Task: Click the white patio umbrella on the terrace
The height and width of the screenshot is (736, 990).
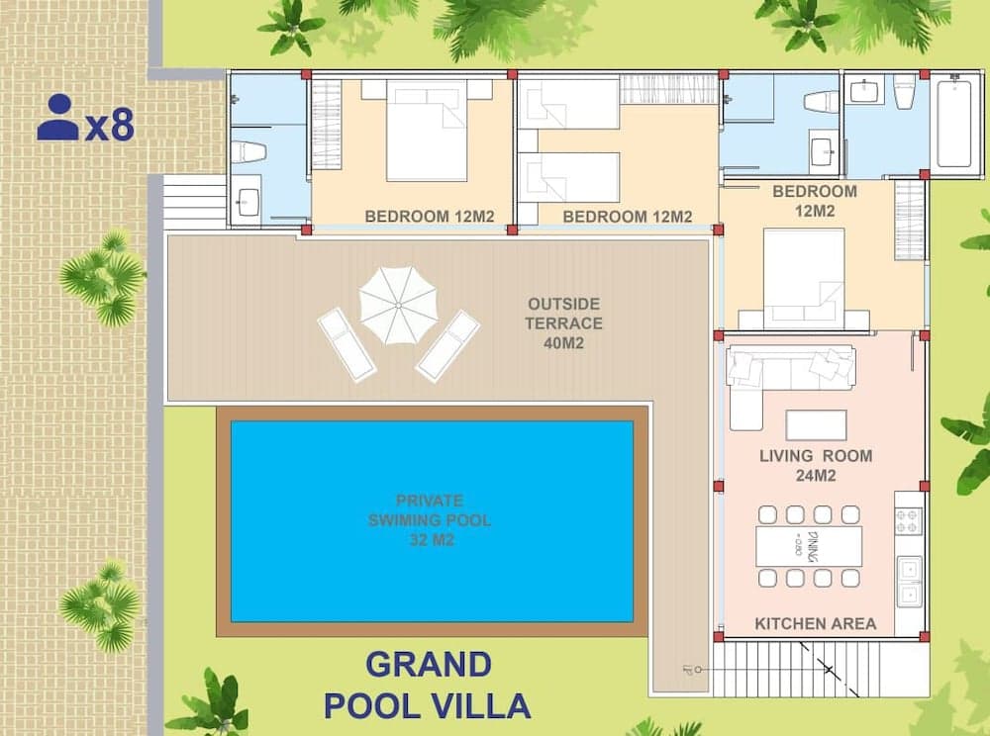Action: pyautogui.click(x=398, y=306)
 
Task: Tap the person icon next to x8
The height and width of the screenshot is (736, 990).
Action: pyautogui.click(x=57, y=118)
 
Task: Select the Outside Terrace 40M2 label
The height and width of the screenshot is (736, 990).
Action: pyautogui.click(x=564, y=322)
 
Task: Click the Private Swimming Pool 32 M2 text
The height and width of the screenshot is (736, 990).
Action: pyautogui.click(x=430, y=520)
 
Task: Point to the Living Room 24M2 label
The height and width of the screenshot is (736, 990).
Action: pyautogui.click(x=816, y=465)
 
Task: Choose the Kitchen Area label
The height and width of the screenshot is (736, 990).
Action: pyautogui.click(x=815, y=623)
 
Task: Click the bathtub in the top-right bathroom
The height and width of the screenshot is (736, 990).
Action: pyautogui.click(x=954, y=124)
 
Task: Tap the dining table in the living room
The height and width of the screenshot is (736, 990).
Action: pyautogui.click(x=808, y=546)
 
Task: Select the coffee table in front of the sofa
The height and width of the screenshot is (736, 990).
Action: pyautogui.click(x=816, y=424)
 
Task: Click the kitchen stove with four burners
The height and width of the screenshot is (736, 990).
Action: pyautogui.click(x=908, y=520)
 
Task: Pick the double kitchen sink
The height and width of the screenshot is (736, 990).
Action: pyautogui.click(x=908, y=582)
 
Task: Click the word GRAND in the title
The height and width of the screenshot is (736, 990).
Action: pyautogui.click(x=428, y=665)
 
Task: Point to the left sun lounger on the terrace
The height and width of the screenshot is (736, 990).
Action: pyautogui.click(x=346, y=343)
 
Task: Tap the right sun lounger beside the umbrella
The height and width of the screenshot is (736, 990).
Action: pyautogui.click(x=447, y=345)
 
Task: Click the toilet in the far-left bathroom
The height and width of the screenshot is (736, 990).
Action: pyautogui.click(x=247, y=151)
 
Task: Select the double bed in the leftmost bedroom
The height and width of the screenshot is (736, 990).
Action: pyautogui.click(x=426, y=131)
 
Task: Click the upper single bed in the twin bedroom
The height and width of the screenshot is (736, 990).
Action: pyautogui.click(x=568, y=104)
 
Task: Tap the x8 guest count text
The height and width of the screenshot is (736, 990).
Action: pyautogui.click(x=109, y=127)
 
